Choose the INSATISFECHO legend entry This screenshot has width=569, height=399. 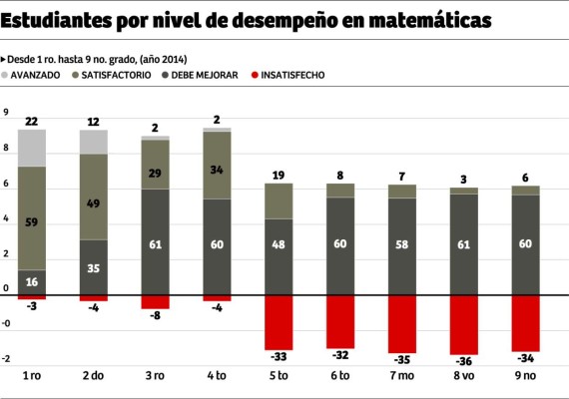click(x=289, y=75)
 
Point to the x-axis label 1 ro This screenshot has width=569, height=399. click(x=31, y=377)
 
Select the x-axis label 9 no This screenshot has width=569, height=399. click(x=525, y=377)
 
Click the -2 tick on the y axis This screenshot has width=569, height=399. click(x=7, y=359)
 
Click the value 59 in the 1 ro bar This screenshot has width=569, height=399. click(x=31, y=222)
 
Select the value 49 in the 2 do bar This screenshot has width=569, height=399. click(x=93, y=203)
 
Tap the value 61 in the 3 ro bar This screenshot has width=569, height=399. click(x=155, y=243)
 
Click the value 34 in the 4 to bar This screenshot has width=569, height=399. click(x=217, y=169)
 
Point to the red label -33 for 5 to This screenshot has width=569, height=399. click(x=279, y=356)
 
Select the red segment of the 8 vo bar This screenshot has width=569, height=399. click(x=463, y=324)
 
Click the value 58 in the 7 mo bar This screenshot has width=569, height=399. click(x=401, y=243)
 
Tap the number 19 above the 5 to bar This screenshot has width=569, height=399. click(x=279, y=176)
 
